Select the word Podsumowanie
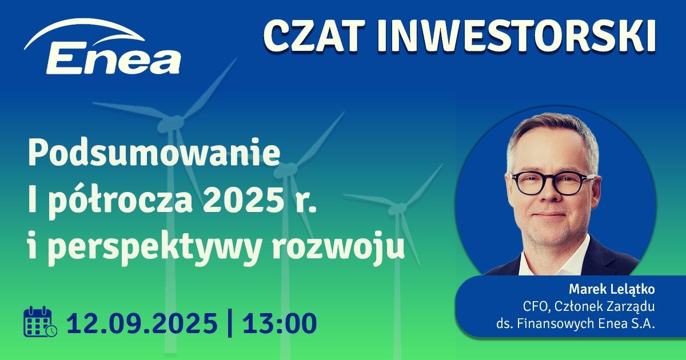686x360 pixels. pos(154,155)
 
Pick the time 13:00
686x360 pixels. pos(279,323)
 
